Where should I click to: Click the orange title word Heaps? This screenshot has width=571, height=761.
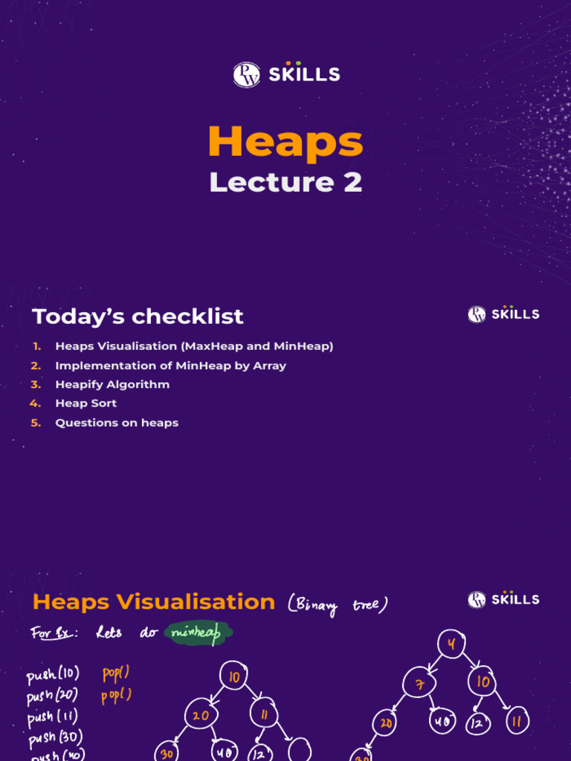(285, 141)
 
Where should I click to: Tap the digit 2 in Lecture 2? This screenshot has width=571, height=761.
(352, 182)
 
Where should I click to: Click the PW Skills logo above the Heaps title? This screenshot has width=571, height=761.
(285, 74)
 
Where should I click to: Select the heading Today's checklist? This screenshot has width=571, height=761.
(138, 316)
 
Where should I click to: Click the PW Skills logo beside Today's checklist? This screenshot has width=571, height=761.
(503, 314)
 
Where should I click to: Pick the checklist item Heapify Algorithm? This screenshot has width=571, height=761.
(112, 384)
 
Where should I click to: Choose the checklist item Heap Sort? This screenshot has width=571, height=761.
(86, 404)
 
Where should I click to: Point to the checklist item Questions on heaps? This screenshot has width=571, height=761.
(117, 423)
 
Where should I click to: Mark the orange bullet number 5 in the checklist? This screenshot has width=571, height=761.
(36, 423)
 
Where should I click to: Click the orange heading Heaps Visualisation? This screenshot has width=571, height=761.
(154, 601)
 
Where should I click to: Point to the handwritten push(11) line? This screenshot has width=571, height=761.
(52, 717)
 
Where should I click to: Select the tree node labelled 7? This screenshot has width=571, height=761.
(420, 683)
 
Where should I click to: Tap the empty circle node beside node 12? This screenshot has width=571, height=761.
(300, 750)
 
